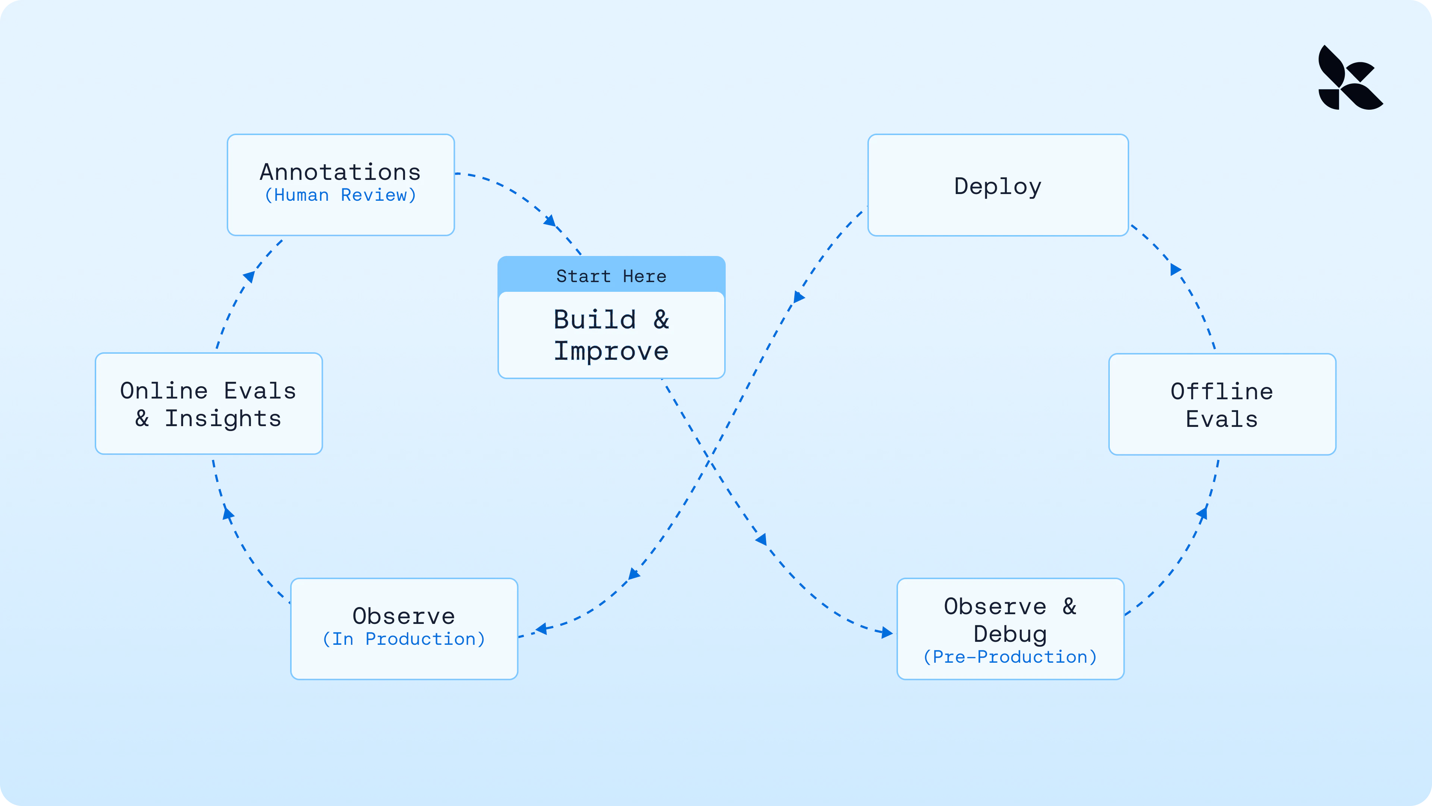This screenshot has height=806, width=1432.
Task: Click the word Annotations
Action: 340,172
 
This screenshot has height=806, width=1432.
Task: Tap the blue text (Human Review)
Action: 340,195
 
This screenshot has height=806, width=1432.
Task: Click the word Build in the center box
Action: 595,320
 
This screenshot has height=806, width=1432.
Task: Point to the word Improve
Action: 611,351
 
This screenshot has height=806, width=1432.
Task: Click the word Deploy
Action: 998,186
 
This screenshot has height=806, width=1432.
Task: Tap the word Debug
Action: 1010,634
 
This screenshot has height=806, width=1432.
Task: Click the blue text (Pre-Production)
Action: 1010,657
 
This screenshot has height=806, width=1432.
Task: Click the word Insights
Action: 223,419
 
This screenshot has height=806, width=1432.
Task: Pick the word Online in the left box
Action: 164,391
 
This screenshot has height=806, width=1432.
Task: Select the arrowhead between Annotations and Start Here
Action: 550,221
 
